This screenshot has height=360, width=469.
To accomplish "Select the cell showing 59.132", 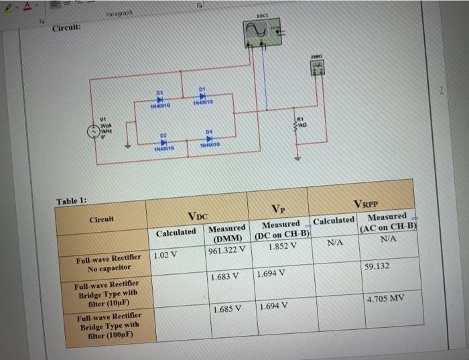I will click(x=378, y=266).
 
